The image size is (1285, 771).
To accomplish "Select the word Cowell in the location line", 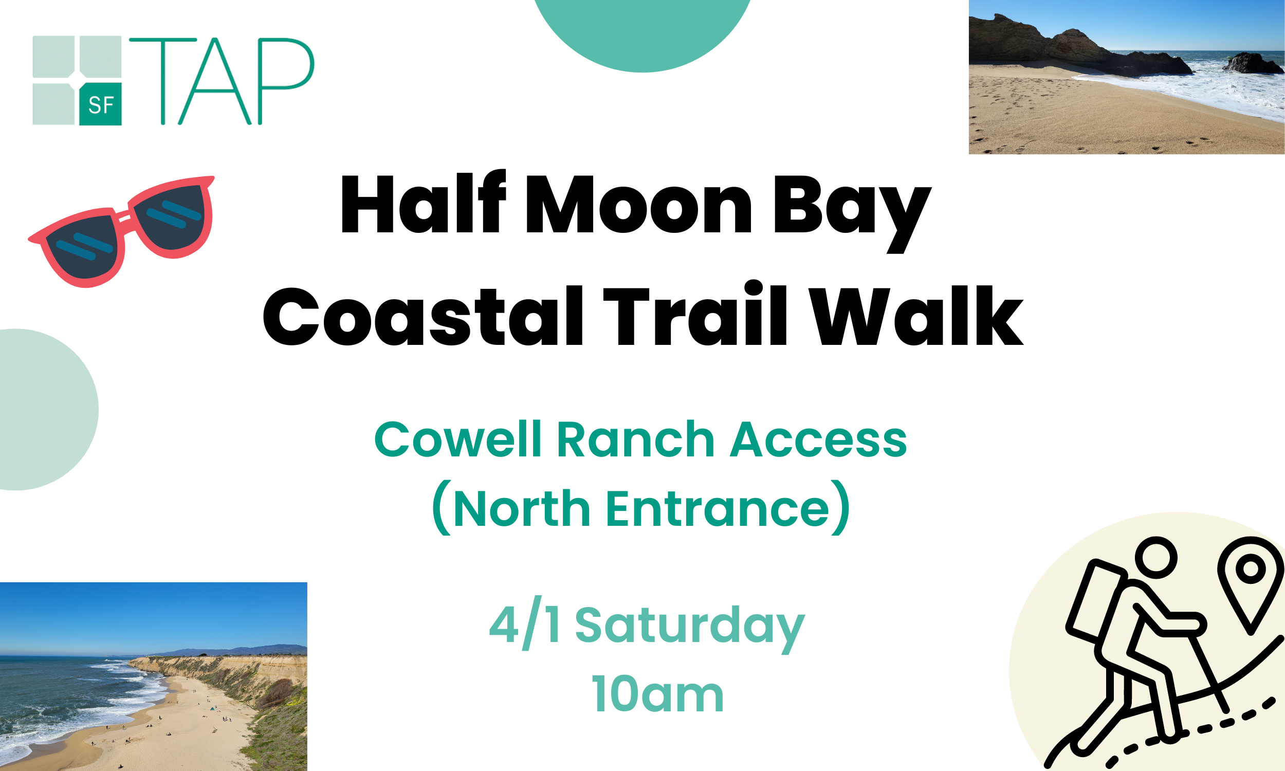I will [457, 439].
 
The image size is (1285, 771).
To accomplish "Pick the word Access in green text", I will [818, 439].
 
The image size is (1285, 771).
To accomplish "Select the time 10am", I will [657, 694].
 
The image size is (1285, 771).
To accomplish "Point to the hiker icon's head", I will [1155, 558].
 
